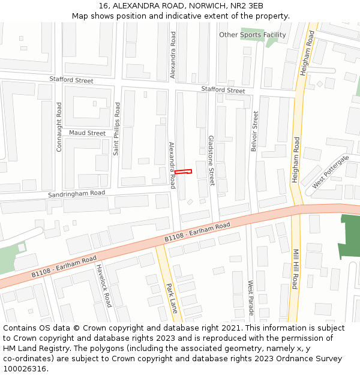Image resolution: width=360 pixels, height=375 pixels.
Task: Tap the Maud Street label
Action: [x=87, y=133]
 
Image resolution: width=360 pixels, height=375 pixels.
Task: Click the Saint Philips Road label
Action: [x=117, y=128]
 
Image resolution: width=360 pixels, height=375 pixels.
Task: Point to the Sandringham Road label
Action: [x=77, y=195]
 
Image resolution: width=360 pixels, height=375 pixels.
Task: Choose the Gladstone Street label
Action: [x=211, y=160]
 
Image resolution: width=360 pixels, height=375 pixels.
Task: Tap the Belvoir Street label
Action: [x=254, y=131]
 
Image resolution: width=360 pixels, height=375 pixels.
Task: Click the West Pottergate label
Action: [x=330, y=172]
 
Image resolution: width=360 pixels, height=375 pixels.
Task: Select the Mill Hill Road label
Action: [x=295, y=269]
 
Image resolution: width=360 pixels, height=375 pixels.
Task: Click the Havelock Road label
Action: [x=104, y=286]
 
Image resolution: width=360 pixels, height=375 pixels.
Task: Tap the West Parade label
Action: [x=251, y=298]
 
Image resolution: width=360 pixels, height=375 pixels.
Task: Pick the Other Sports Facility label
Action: [x=252, y=35]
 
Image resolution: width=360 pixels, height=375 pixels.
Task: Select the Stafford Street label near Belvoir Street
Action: [x=223, y=89]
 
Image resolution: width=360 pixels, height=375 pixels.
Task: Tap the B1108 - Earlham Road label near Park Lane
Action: [x=197, y=233]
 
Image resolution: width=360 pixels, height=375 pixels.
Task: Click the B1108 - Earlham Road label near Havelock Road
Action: [x=64, y=266]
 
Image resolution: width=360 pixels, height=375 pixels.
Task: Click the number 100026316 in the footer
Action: [x=25, y=369]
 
